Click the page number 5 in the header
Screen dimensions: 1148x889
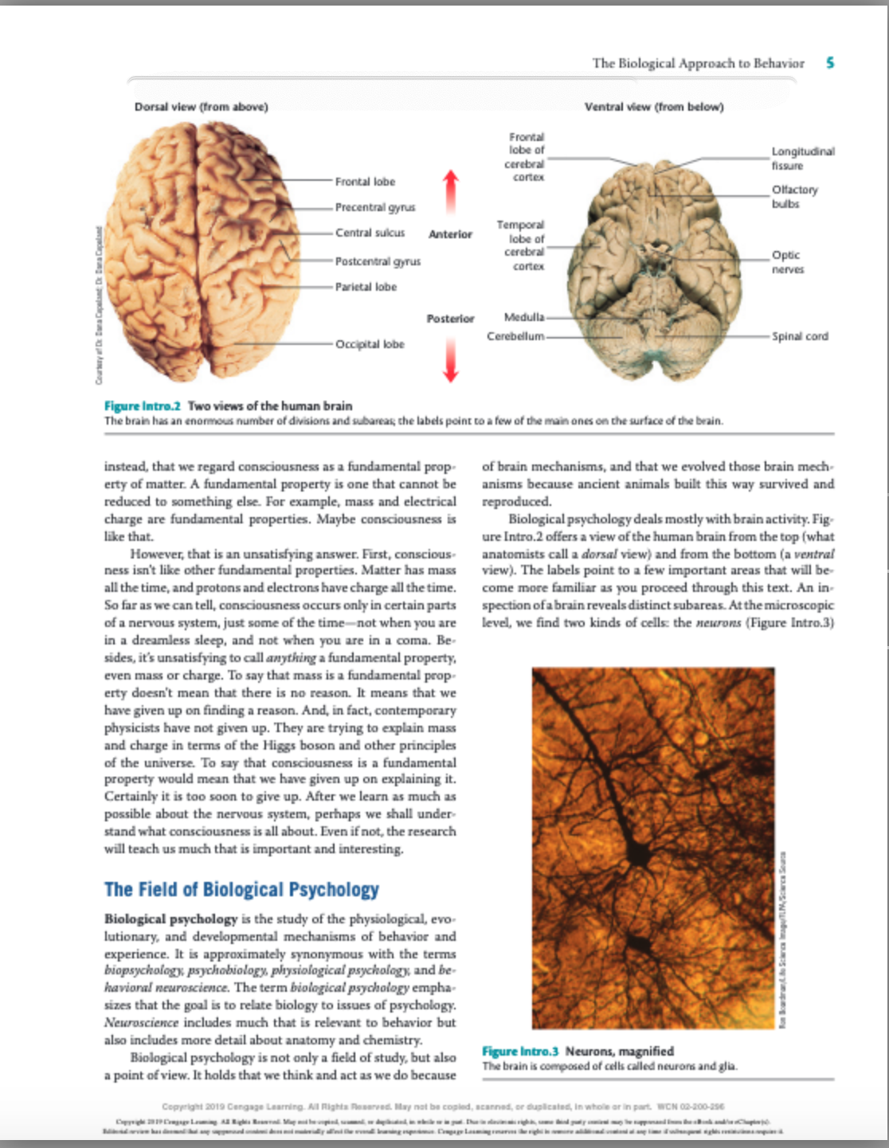coord(830,63)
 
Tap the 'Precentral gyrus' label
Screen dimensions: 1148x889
coord(374,207)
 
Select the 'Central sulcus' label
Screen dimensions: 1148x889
coord(370,233)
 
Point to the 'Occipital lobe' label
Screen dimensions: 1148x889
coord(370,344)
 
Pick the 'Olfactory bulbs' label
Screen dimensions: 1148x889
coord(794,197)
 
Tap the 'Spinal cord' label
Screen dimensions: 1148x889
coord(800,336)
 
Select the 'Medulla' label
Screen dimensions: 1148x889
coord(524,317)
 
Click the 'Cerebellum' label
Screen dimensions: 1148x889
coord(515,336)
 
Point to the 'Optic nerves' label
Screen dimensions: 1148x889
coord(787,262)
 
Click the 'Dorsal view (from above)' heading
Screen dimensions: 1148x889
coord(201,107)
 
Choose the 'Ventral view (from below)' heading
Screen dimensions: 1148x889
coord(654,107)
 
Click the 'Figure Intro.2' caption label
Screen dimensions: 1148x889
coord(143,406)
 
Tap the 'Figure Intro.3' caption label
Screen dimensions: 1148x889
coord(520,1051)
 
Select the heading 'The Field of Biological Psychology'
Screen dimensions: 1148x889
coord(241,889)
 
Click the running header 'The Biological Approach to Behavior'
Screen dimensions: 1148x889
coord(698,63)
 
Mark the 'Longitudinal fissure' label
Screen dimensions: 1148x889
coord(802,158)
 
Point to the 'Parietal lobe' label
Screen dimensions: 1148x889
coord(366,287)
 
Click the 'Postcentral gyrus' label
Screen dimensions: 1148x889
coord(378,261)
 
